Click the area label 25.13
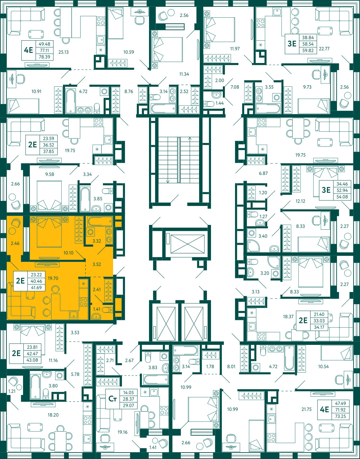pyautogui.click(x=63, y=52)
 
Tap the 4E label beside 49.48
pyautogui.click(x=28, y=50)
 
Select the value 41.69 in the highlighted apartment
pyautogui.click(x=36, y=288)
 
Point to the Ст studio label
pyautogui.click(x=113, y=399)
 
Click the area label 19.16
pyautogui.click(x=122, y=432)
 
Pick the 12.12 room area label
pyautogui.click(x=300, y=201)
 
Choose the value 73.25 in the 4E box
pyautogui.click(x=340, y=416)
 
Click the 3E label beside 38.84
pyautogui.click(x=292, y=44)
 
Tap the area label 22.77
pyautogui.click(x=324, y=49)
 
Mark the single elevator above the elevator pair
pyautogui.click(x=188, y=244)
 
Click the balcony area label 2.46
pyautogui.click(x=15, y=243)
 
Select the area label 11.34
pyautogui.click(x=184, y=74)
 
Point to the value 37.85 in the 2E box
pyautogui.click(x=49, y=152)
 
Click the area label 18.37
pyautogui.click(x=288, y=317)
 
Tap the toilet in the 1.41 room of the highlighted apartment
pyautogui.click(x=108, y=310)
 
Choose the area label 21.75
pyautogui.click(x=306, y=409)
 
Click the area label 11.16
pyautogui.click(x=53, y=360)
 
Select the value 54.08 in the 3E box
pyautogui.click(x=341, y=197)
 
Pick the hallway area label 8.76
pyautogui.click(x=129, y=91)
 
